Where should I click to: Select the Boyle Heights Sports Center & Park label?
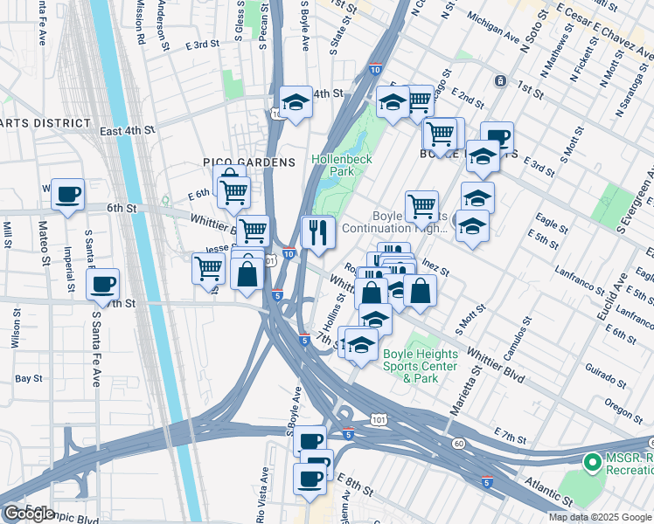click(x=420, y=367)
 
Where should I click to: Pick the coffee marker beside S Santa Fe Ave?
click(x=103, y=284)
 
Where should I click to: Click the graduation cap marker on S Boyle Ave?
click(x=296, y=103)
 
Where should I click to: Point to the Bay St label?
click(x=29, y=379)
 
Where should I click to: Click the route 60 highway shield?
click(x=459, y=444)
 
